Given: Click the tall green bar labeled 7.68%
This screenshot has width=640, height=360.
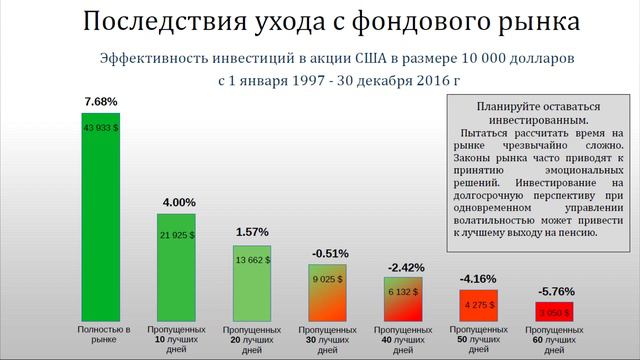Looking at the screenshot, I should [x=101, y=220].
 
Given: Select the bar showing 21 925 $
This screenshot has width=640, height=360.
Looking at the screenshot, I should [x=177, y=266].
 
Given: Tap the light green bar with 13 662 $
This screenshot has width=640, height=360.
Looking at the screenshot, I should [x=253, y=282].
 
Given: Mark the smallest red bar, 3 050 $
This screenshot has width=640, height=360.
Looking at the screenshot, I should [x=554, y=311].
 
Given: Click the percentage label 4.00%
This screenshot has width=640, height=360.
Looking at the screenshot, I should [x=177, y=203].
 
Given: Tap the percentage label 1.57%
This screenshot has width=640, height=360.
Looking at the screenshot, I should [x=253, y=232].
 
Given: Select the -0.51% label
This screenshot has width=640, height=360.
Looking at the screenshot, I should [x=328, y=252].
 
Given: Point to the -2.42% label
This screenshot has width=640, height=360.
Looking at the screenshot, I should [x=404, y=267].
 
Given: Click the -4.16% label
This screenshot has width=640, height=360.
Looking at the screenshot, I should [x=479, y=277].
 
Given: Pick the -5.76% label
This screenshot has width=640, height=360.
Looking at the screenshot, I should [x=554, y=291].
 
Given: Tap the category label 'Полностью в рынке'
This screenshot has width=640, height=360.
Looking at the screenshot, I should [x=101, y=334].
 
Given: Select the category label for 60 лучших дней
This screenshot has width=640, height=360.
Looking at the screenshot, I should [x=554, y=340].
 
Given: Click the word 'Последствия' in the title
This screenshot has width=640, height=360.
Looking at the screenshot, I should [x=151, y=22].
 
